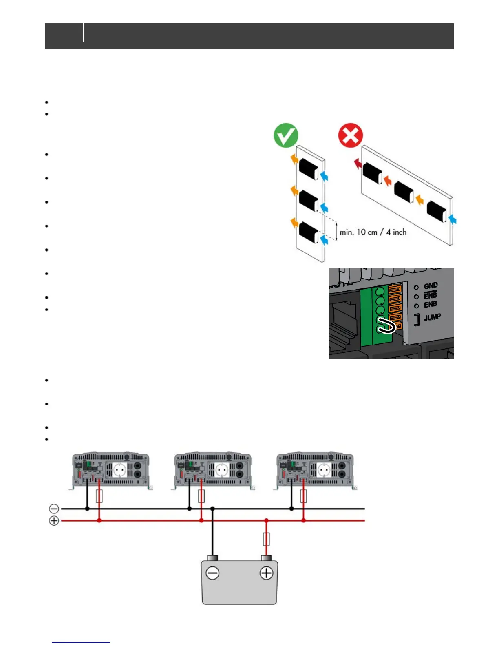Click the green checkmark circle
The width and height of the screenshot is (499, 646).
(286, 135)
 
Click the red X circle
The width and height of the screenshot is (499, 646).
(350, 135)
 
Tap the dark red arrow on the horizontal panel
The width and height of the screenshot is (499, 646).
(357, 164)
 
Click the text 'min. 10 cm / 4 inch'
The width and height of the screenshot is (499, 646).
(373, 232)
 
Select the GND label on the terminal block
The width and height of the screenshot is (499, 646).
(431, 286)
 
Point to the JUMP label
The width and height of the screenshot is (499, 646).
(432, 317)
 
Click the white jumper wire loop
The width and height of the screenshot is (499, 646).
(387, 326)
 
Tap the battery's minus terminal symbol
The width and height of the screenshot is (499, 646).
(212, 573)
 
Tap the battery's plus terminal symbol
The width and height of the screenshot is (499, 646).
(266, 573)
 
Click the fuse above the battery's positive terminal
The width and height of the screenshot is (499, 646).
(266, 539)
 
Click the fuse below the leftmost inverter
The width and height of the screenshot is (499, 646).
(99, 496)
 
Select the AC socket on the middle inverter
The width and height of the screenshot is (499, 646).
(222, 470)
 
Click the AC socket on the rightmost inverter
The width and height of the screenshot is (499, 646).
(324, 470)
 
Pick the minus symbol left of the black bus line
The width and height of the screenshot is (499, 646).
(54, 509)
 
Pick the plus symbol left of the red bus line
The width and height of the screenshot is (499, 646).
(54, 521)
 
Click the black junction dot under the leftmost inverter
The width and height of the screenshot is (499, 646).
(87, 509)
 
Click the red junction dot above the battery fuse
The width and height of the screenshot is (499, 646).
(266, 521)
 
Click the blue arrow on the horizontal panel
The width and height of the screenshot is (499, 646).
(452, 220)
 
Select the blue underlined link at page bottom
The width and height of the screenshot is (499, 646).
(81, 642)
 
